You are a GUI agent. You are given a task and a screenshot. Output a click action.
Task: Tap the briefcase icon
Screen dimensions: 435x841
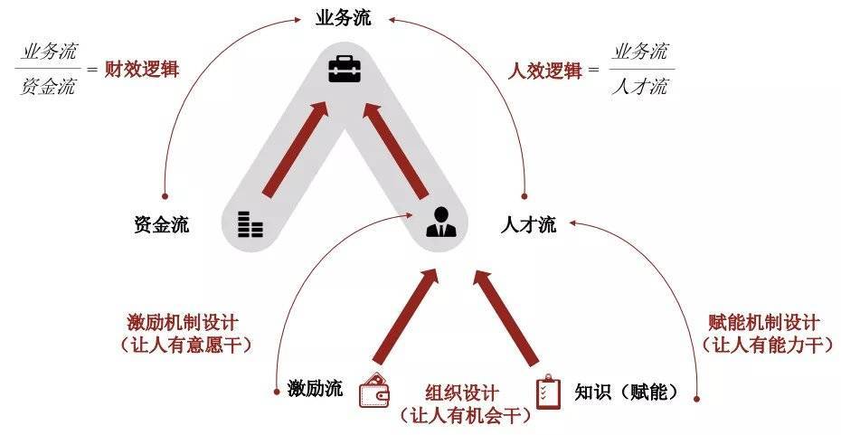pos(343,70)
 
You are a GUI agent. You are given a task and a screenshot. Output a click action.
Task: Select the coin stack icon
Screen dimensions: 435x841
pos(250,223)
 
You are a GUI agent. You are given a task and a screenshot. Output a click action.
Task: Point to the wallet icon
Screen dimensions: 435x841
pos(374,391)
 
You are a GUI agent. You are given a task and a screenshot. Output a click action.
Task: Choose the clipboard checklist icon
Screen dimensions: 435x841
pos(548,392)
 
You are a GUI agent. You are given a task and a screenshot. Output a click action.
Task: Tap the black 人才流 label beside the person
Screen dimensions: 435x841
pos(528,225)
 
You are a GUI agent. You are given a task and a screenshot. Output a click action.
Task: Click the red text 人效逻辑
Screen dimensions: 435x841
pos(544,70)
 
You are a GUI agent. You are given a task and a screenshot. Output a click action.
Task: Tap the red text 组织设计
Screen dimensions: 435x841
pos(461,393)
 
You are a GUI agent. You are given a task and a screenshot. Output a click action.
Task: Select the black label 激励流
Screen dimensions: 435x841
pos(314,390)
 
